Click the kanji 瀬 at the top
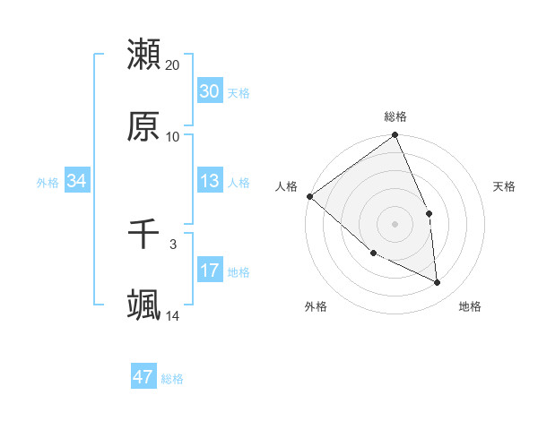(143, 55)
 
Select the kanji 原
(143, 126)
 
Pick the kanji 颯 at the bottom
(143, 305)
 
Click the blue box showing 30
(209, 91)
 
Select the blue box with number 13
(209, 181)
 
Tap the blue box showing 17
(209, 271)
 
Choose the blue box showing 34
(77, 181)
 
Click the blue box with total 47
(143, 377)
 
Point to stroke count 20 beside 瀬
(173, 65)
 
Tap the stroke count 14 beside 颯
(173, 315)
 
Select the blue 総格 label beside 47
(172, 379)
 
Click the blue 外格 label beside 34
(48, 182)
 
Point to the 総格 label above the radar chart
(395, 116)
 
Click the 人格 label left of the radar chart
(286, 186)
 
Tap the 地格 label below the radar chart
(470, 306)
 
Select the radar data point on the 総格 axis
(395, 136)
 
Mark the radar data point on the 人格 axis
(309, 196)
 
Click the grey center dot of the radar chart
(395, 224)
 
